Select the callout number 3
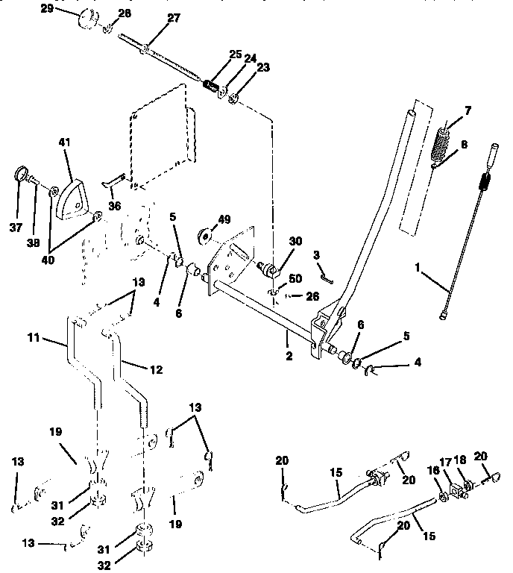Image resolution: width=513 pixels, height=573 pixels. (x=317, y=255)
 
